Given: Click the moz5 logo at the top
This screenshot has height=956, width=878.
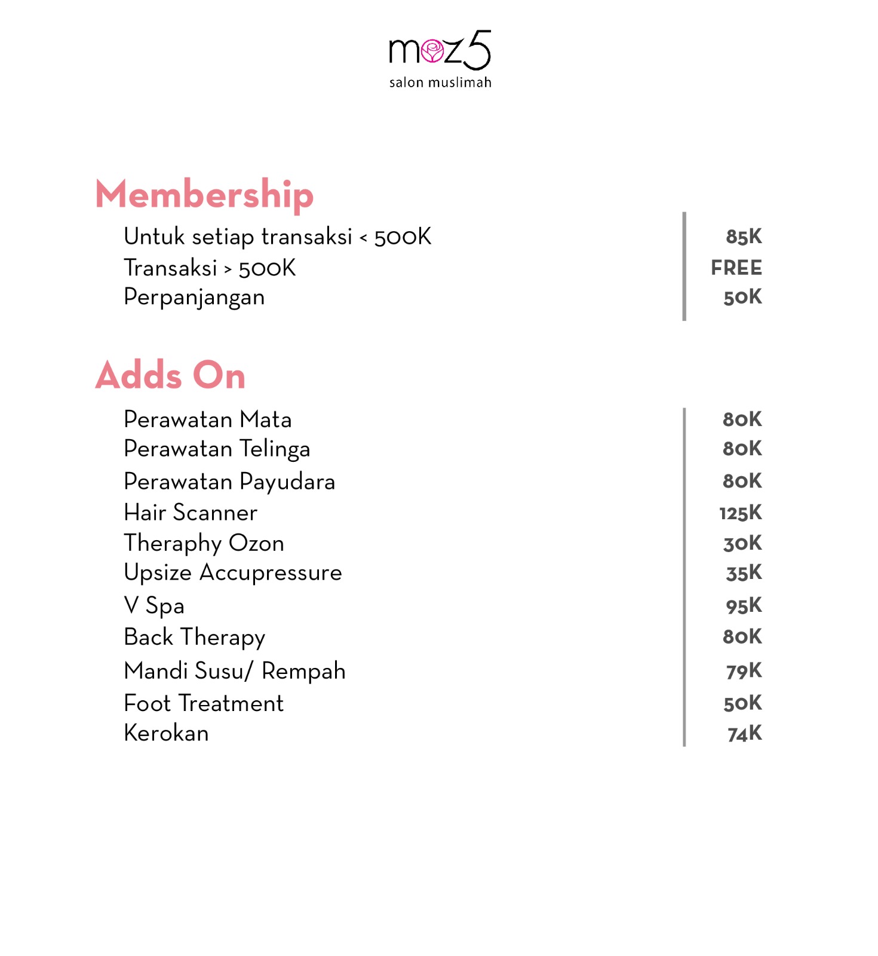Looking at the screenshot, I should (440, 59).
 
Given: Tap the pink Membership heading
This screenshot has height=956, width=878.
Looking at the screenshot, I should (204, 194).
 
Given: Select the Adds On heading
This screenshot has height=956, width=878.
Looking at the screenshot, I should (170, 375).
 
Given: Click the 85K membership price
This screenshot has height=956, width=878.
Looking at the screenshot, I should (744, 237).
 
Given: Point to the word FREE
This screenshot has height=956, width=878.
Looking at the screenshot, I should (736, 268).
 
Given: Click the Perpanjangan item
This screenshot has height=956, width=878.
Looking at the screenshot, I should (194, 298).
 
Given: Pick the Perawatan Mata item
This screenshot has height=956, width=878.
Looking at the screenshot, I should (208, 419).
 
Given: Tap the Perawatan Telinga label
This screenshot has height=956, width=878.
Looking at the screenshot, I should (217, 449).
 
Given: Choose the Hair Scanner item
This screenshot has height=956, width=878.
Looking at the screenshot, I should (191, 513).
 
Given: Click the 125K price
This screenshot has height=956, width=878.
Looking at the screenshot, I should (741, 513).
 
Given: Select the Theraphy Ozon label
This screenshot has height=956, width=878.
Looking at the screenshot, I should (204, 544).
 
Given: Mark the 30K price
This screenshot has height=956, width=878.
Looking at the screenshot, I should (742, 543).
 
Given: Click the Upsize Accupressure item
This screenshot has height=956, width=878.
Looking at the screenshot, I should (233, 573).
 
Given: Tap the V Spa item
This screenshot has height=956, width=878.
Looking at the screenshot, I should (154, 606).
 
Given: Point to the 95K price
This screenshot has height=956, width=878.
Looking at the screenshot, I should (744, 606).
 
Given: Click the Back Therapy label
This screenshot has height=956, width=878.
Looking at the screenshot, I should (195, 638).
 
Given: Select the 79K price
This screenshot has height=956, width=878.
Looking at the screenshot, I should (744, 671).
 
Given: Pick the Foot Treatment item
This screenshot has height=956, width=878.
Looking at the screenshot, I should (204, 704).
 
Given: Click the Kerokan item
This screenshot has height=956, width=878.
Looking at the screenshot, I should (166, 734).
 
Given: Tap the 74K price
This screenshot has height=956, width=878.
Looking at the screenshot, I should (744, 734).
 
